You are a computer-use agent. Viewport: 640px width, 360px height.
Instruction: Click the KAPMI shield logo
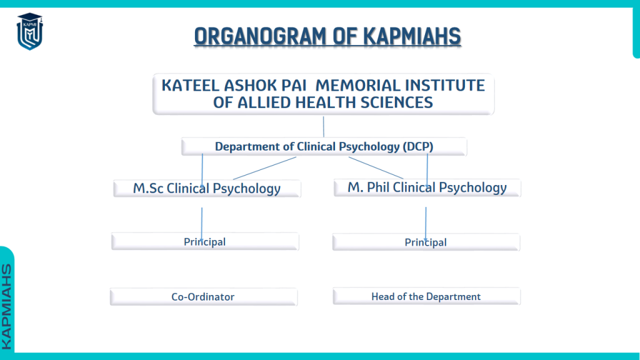[30, 31]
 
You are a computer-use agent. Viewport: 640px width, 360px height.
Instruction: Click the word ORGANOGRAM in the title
[261, 36]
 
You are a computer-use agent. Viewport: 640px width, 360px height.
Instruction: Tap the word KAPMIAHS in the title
[412, 36]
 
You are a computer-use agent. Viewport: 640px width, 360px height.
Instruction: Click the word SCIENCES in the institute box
[397, 102]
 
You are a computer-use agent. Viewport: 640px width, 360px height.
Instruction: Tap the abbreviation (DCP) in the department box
[418, 146]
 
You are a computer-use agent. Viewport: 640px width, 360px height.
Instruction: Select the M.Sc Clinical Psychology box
[207, 189]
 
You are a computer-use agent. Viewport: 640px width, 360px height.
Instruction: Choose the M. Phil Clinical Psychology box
[427, 187]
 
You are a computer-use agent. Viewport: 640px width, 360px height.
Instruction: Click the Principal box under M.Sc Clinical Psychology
[205, 242]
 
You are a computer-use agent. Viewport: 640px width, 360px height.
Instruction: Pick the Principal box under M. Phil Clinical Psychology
[426, 242]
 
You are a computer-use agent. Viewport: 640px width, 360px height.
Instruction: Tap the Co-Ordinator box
[204, 297]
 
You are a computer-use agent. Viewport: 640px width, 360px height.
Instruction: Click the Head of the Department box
[426, 296]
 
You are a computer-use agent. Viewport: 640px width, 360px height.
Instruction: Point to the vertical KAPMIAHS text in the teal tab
[7, 307]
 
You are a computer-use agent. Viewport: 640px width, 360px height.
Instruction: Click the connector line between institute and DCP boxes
[324, 127]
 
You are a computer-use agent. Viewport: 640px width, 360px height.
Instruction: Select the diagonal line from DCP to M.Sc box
[264, 168]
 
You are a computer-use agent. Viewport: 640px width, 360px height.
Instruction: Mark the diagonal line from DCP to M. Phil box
[376, 167]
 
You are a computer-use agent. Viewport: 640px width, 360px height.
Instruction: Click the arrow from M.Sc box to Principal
[202, 224]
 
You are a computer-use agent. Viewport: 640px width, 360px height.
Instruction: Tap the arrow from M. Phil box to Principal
[426, 224]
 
